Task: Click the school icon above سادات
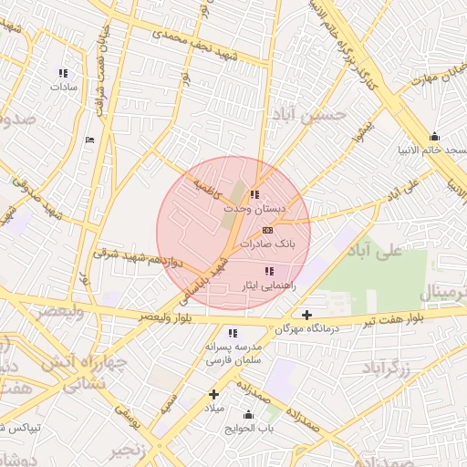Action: click(x=63, y=73)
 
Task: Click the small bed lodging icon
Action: click(x=88, y=140)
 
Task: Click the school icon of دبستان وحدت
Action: click(x=254, y=194)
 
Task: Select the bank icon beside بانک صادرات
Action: click(x=267, y=231)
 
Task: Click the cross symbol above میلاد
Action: click(x=214, y=394)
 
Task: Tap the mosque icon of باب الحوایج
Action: click(x=248, y=416)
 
